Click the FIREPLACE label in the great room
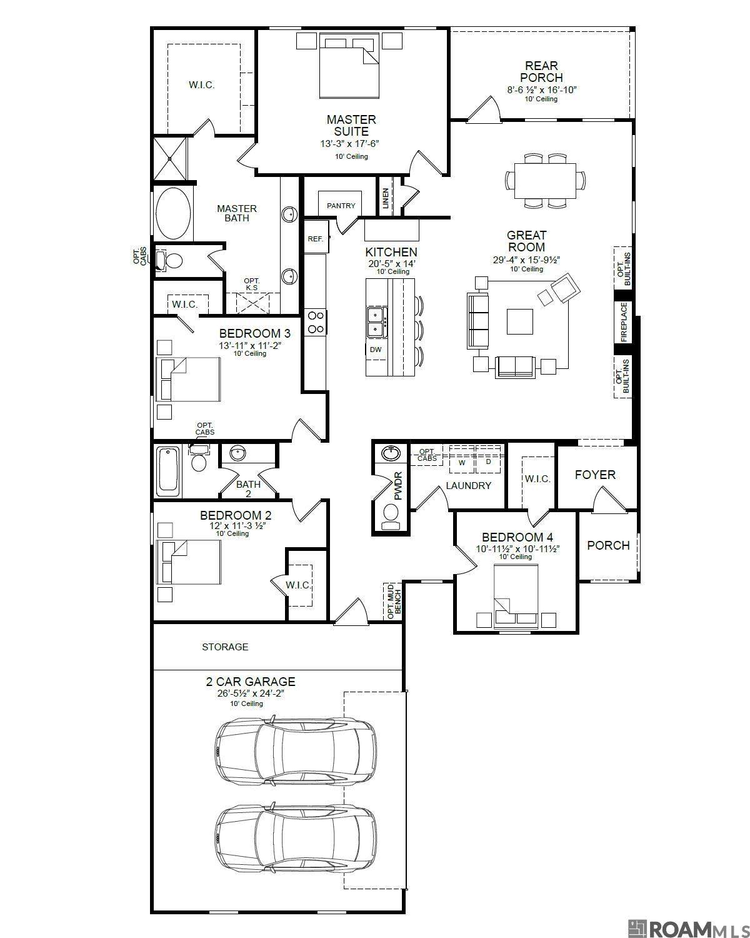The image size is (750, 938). (624, 322)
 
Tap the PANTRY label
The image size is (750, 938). (341, 205)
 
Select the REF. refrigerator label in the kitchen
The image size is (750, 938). (316, 239)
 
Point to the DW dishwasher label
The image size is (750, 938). (376, 349)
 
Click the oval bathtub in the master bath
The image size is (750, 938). (173, 214)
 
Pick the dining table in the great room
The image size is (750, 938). (545, 181)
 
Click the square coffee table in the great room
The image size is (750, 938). (520, 321)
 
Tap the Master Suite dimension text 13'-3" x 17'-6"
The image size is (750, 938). (350, 144)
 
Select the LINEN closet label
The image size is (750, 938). (386, 198)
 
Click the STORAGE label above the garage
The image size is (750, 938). (225, 647)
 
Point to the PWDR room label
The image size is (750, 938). (398, 485)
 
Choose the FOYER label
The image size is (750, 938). (595, 475)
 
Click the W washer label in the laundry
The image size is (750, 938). (462, 463)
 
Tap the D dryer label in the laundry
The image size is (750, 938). (489, 461)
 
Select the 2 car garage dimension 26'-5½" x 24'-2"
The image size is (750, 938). (251, 693)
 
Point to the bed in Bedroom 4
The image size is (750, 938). (516, 596)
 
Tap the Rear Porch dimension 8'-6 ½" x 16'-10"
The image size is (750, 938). (541, 90)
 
